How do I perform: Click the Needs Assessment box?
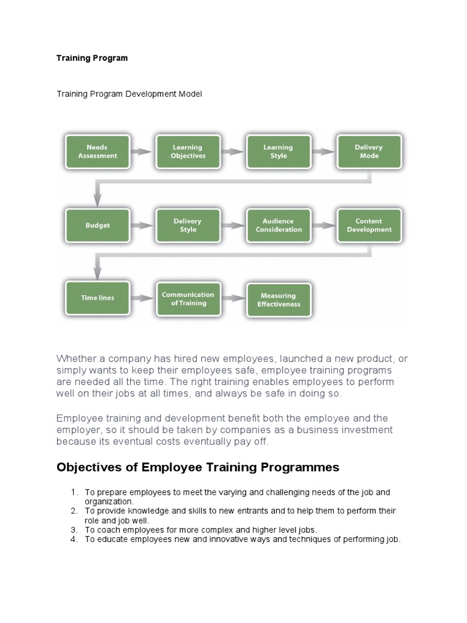(x=97, y=151)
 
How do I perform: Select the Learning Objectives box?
(x=188, y=151)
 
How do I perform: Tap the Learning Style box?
(x=278, y=151)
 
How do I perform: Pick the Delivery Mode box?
(x=369, y=151)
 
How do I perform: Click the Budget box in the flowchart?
(x=97, y=226)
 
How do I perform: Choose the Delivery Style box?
(x=188, y=226)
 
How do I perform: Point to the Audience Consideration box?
(x=278, y=226)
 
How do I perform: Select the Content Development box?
(x=369, y=226)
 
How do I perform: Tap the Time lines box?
(x=97, y=298)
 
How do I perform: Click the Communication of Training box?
(x=188, y=299)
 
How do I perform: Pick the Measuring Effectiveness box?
(x=278, y=300)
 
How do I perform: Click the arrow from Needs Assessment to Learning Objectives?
(x=142, y=151)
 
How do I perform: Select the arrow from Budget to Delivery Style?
(x=142, y=226)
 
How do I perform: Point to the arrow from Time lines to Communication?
(x=142, y=298)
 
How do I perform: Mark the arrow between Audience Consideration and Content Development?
(x=323, y=226)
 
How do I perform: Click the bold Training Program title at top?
(x=92, y=58)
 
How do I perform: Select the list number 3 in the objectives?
(x=74, y=530)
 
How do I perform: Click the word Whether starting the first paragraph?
(x=76, y=358)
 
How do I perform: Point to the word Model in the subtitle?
(x=190, y=94)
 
